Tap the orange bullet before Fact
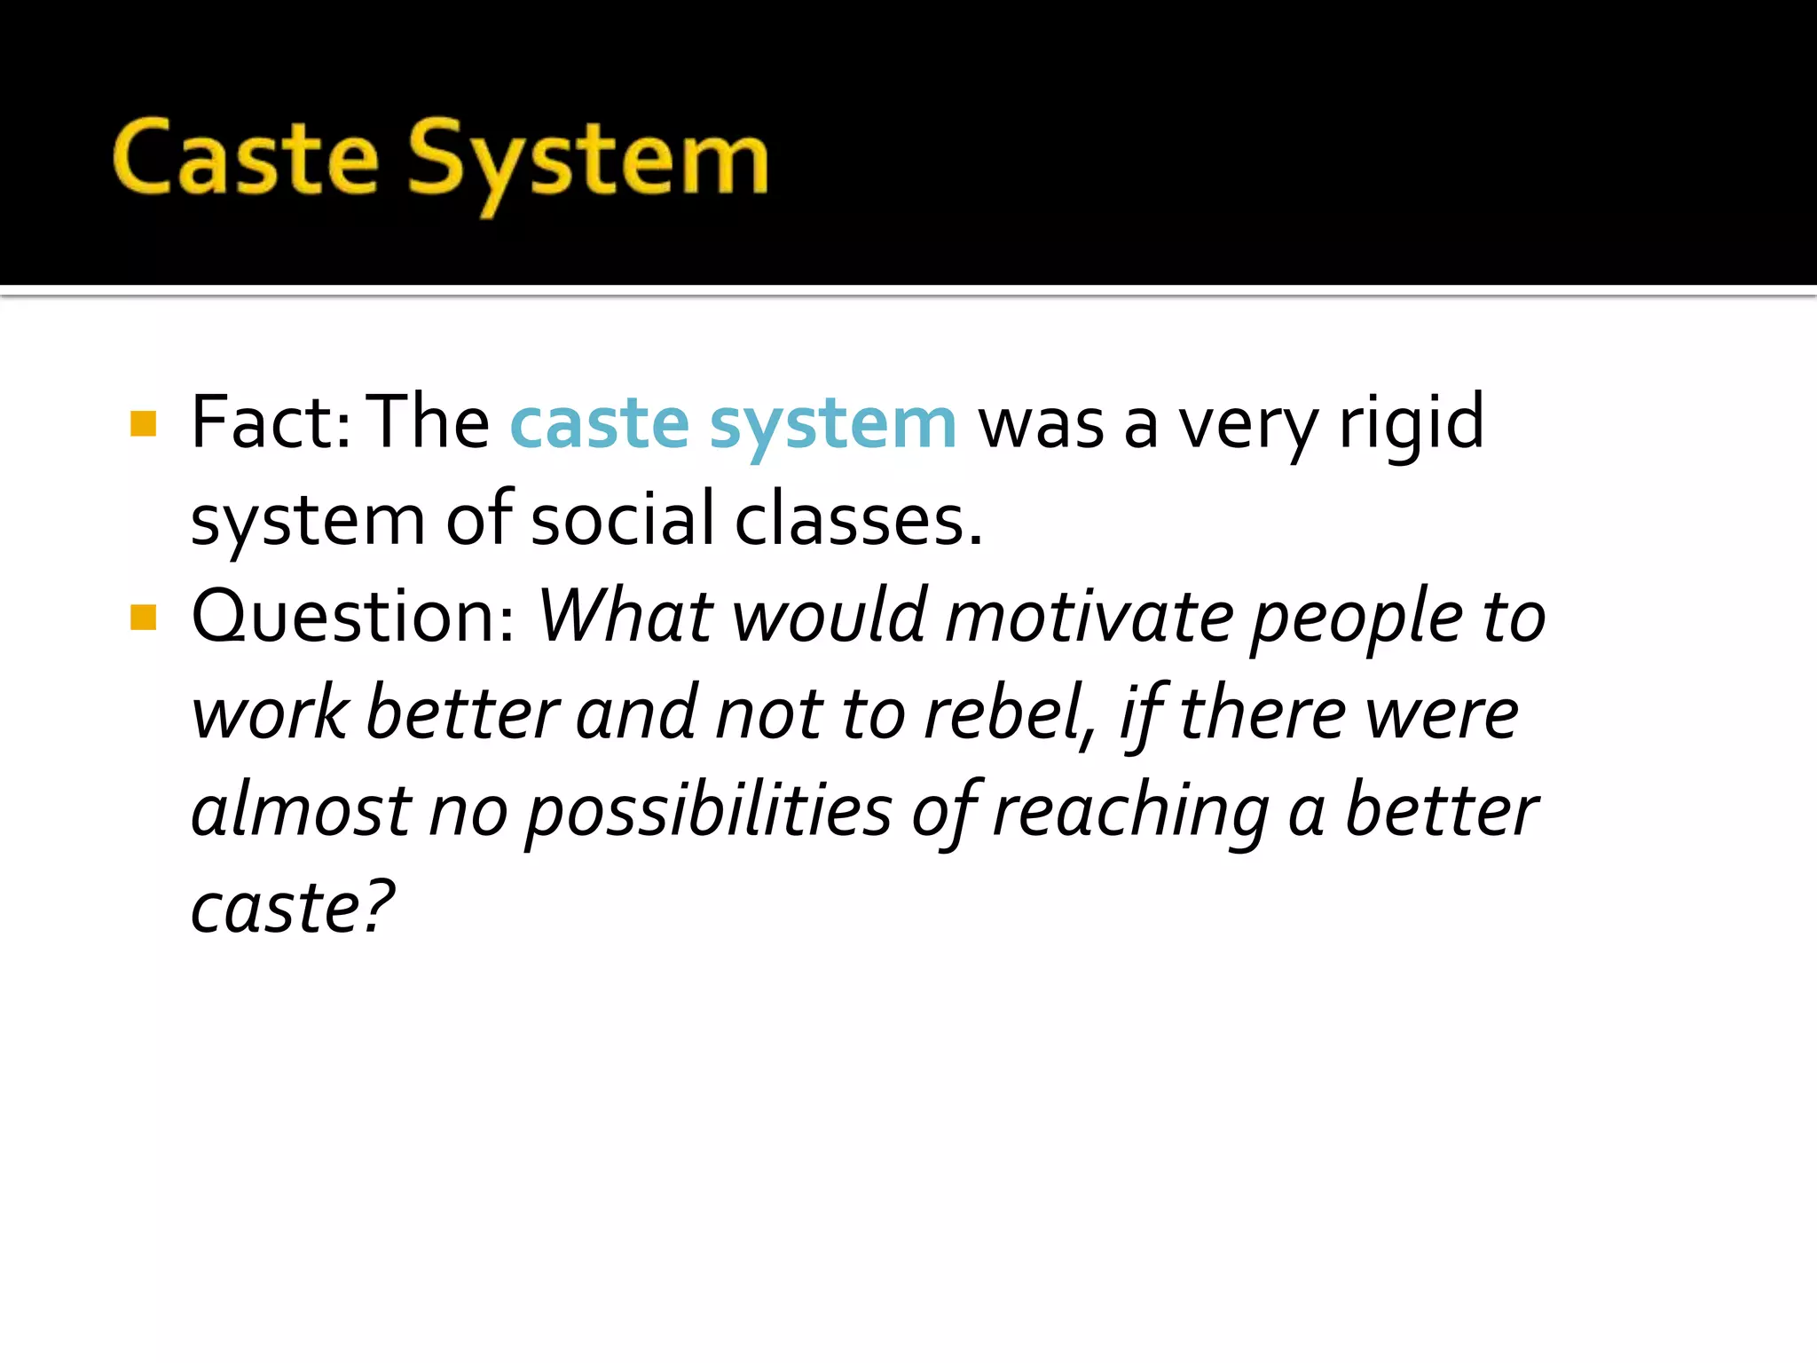[x=143, y=423]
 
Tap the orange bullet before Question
[x=143, y=617]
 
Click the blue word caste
[x=600, y=423]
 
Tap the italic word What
[x=626, y=616]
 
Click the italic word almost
[x=301, y=811]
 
